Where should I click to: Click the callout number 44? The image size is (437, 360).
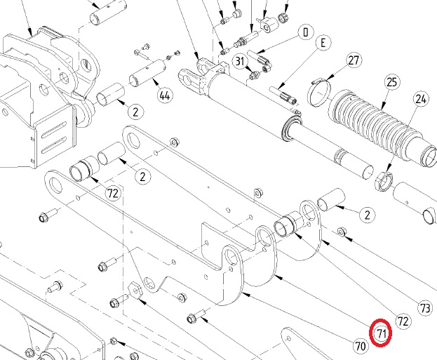pos(165,95)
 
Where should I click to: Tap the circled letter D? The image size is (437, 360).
pos(306,32)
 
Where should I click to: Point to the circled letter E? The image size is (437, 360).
pos(323,44)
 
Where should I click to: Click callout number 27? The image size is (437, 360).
pos(353,60)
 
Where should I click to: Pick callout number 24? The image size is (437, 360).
pos(421,99)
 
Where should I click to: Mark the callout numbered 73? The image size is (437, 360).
pos(424,307)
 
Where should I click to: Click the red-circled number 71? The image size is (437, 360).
pos(381,333)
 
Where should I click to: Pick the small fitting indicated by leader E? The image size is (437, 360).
pos(284,95)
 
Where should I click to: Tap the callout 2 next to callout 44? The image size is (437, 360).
pos(135,109)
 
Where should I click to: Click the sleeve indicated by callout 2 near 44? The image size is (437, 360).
pos(112,93)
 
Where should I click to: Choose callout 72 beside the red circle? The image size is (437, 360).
pos(403,321)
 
